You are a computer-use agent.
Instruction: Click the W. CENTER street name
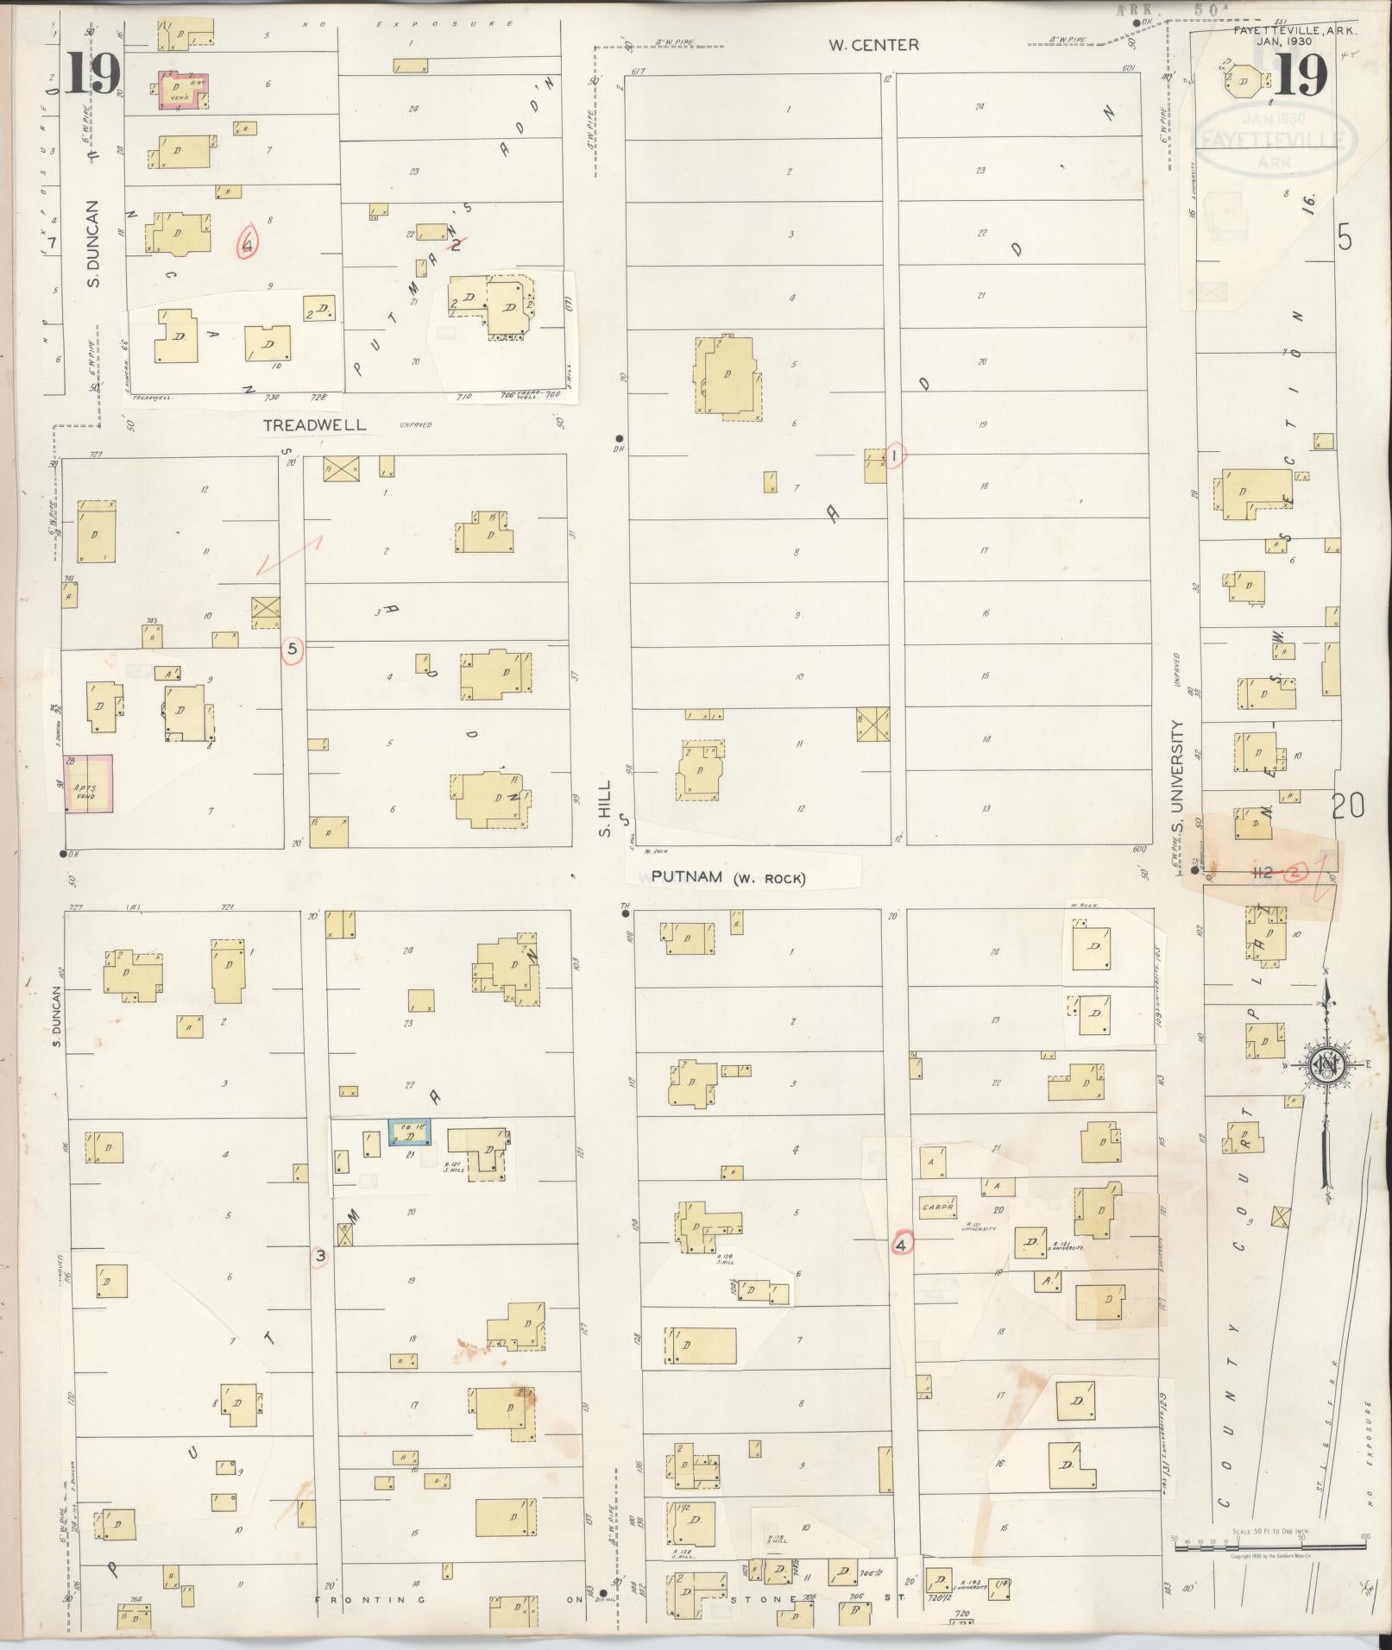click(x=873, y=45)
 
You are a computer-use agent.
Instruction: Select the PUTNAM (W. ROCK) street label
click(x=727, y=878)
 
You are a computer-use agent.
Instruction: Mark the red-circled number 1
click(x=896, y=455)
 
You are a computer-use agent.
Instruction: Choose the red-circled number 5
click(x=293, y=650)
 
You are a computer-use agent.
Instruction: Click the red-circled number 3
click(x=320, y=1257)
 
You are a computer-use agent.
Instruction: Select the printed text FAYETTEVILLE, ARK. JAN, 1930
click(x=1294, y=35)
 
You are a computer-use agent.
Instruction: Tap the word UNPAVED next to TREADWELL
click(x=416, y=424)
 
